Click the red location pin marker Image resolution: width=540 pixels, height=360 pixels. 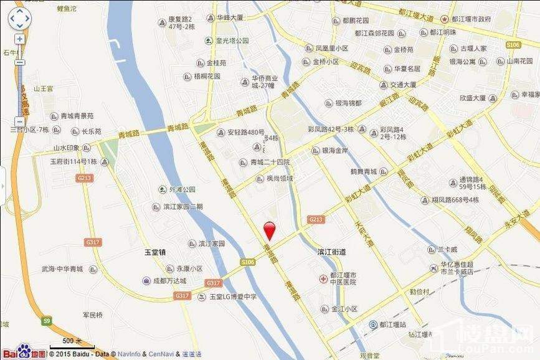click(x=270, y=230)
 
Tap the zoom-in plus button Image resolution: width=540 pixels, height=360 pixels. click(x=20, y=39)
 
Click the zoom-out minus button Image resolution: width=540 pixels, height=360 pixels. click(x=20, y=62)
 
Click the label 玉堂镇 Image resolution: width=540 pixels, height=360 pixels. click(x=155, y=252)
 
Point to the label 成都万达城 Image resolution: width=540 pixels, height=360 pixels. click(x=169, y=281)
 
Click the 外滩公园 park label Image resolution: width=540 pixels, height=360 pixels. click(x=181, y=189)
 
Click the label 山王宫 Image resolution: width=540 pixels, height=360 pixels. click(x=45, y=89)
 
